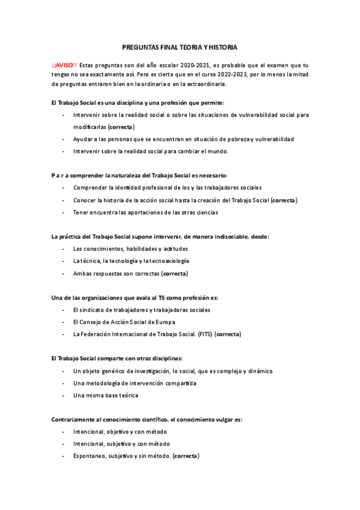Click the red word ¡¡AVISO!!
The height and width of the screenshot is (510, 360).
64,64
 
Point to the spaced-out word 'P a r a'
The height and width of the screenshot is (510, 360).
61,176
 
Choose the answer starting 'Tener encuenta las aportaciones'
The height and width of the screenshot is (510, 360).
145,212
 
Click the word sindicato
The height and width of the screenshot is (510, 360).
92,310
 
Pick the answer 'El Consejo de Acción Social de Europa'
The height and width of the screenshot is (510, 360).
129,322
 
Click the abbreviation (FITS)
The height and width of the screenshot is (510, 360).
203,334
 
